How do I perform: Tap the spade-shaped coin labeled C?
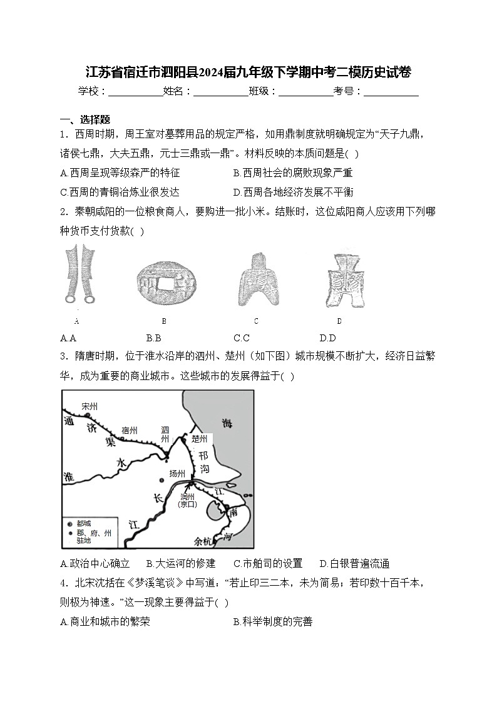(256, 279)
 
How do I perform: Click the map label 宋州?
(90, 406)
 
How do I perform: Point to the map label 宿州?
(130, 430)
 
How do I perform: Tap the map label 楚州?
(200, 439)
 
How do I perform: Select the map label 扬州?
(178, 473)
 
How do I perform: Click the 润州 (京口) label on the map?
(187, 500)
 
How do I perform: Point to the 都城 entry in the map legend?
(84, 523)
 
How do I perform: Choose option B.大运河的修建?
(180, 563)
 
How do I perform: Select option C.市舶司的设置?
(267, 563)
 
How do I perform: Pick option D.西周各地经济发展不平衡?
(293, 192)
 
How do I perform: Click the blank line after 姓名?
(220, 91)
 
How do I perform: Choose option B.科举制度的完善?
(272, 621)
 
